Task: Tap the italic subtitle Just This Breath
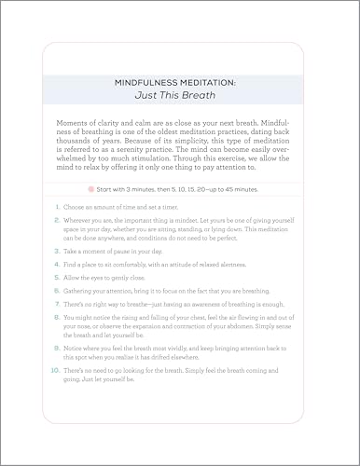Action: (180, 96)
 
